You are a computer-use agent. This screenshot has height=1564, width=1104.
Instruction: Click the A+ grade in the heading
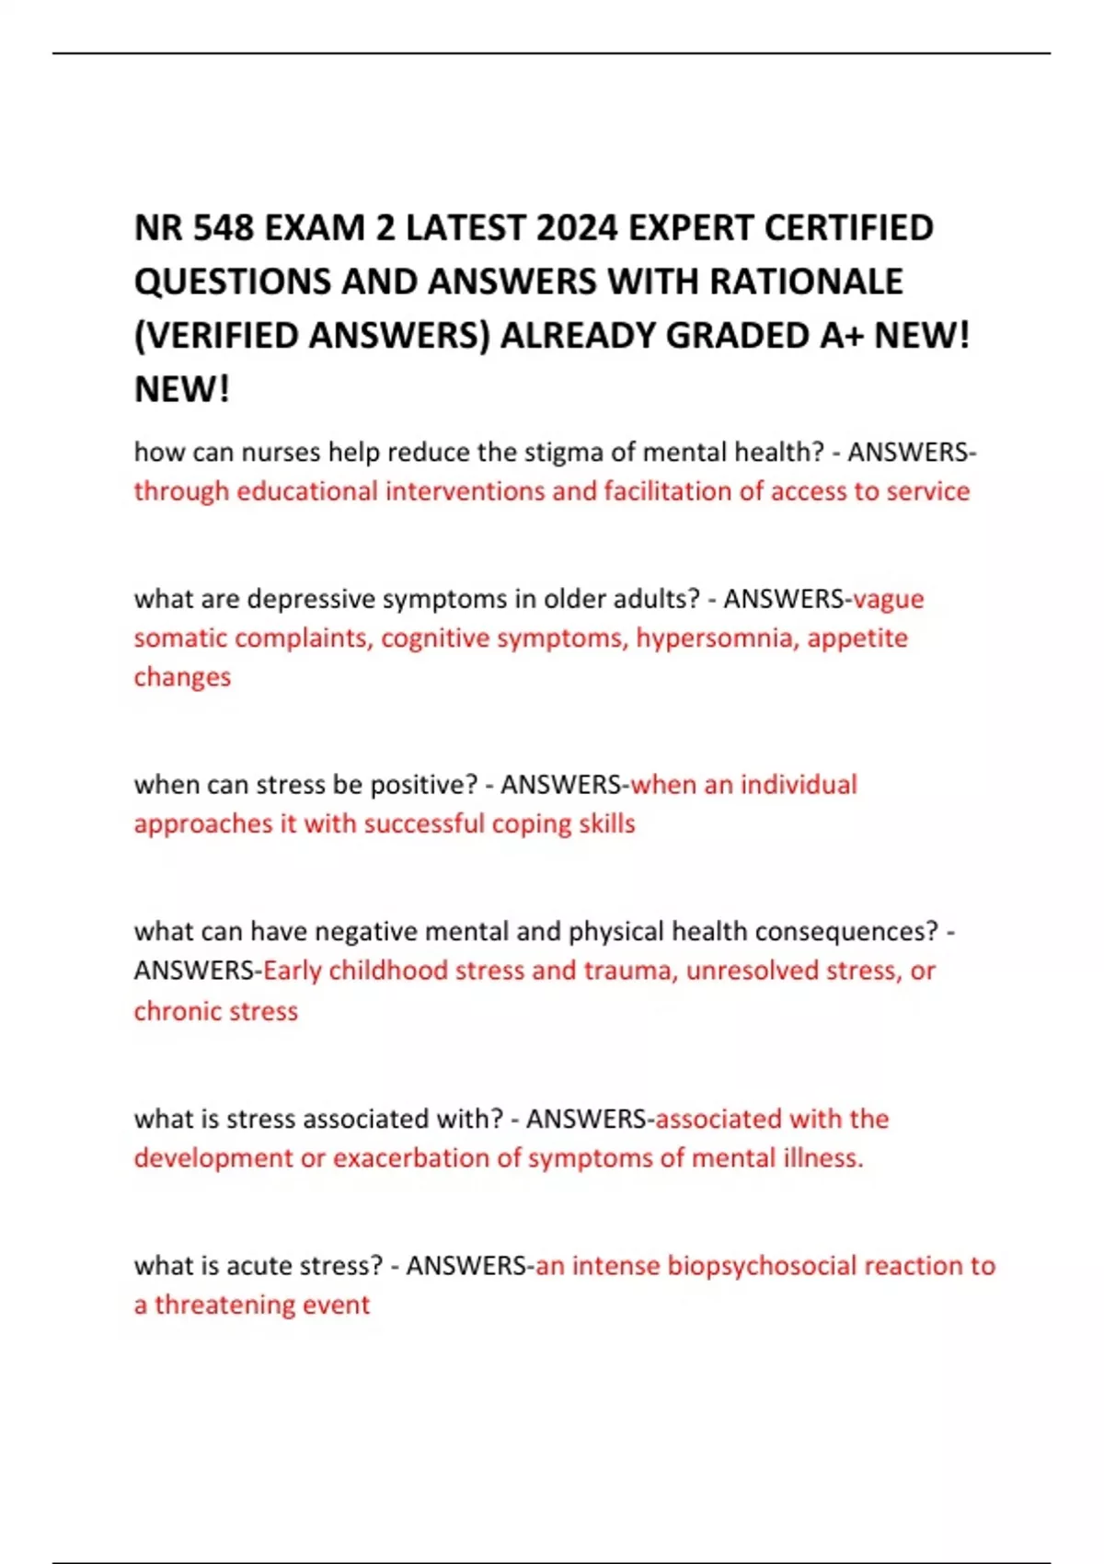(841, 336)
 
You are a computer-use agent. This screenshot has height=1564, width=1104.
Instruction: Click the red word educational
(307, 491)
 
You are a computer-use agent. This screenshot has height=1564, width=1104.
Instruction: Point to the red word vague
(888, 599)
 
